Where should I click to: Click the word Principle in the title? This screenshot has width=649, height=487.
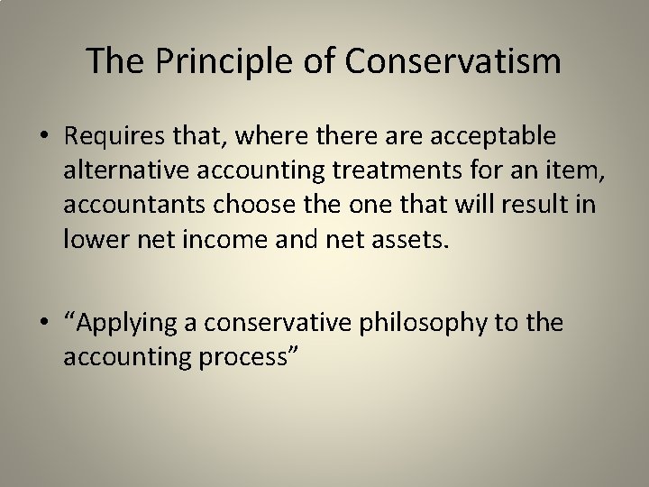(210, 61)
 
